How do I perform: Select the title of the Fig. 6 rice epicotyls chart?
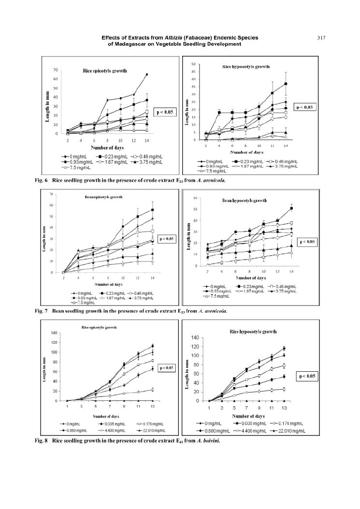pyautogui.click(x=104, y=71)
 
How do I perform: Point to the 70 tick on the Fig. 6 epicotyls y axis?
pyautogui.click(x=55, y=70)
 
